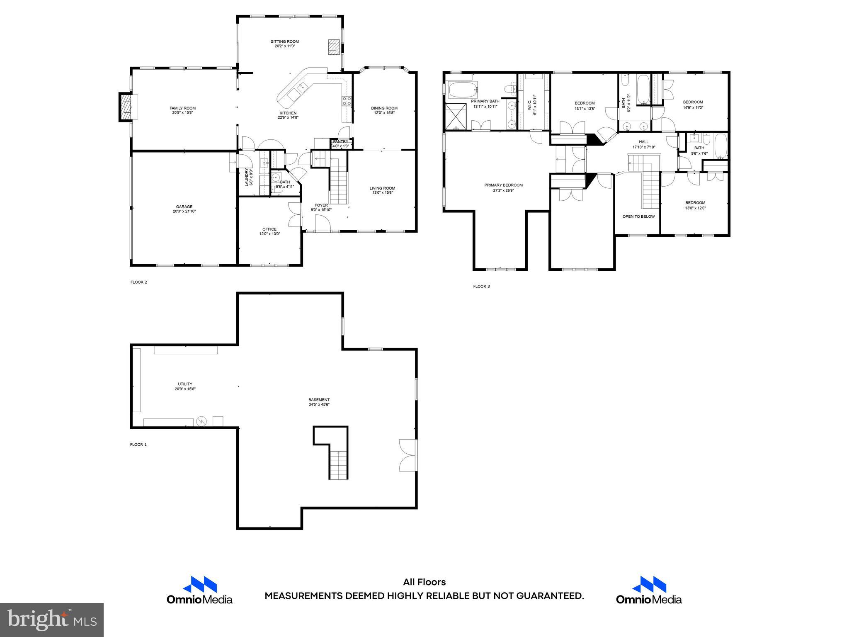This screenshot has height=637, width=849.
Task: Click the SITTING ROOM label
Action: point(284,41)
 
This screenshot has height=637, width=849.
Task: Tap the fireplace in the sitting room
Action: point(333,47)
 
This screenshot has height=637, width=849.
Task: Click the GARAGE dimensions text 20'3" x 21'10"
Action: point(184,212)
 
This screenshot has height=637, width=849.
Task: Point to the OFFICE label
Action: point(269,229)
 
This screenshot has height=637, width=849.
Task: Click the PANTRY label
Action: point(340,142)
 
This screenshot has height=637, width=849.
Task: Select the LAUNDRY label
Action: point(246,177)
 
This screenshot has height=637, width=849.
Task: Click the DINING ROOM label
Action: point(384,108)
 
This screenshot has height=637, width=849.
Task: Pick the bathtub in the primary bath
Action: point(463,89)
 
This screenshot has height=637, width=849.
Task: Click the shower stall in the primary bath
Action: point(456,117)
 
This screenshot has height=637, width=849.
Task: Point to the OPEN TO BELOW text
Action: point(638,216)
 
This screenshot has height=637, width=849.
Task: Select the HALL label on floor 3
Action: point(643,142)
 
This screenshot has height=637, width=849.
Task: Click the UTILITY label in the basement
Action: point(185,384)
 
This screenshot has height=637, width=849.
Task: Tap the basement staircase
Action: point(339,464)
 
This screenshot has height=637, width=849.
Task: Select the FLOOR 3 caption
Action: point(481,286)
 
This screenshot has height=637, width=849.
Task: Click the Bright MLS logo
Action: point(51,620)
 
